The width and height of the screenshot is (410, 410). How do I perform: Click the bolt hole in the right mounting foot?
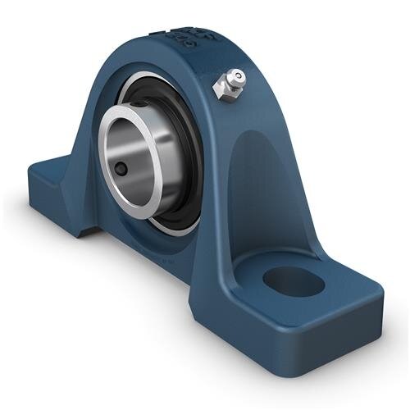click(x=294, y=281)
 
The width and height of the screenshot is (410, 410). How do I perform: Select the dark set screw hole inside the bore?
click(x=121, y=168)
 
